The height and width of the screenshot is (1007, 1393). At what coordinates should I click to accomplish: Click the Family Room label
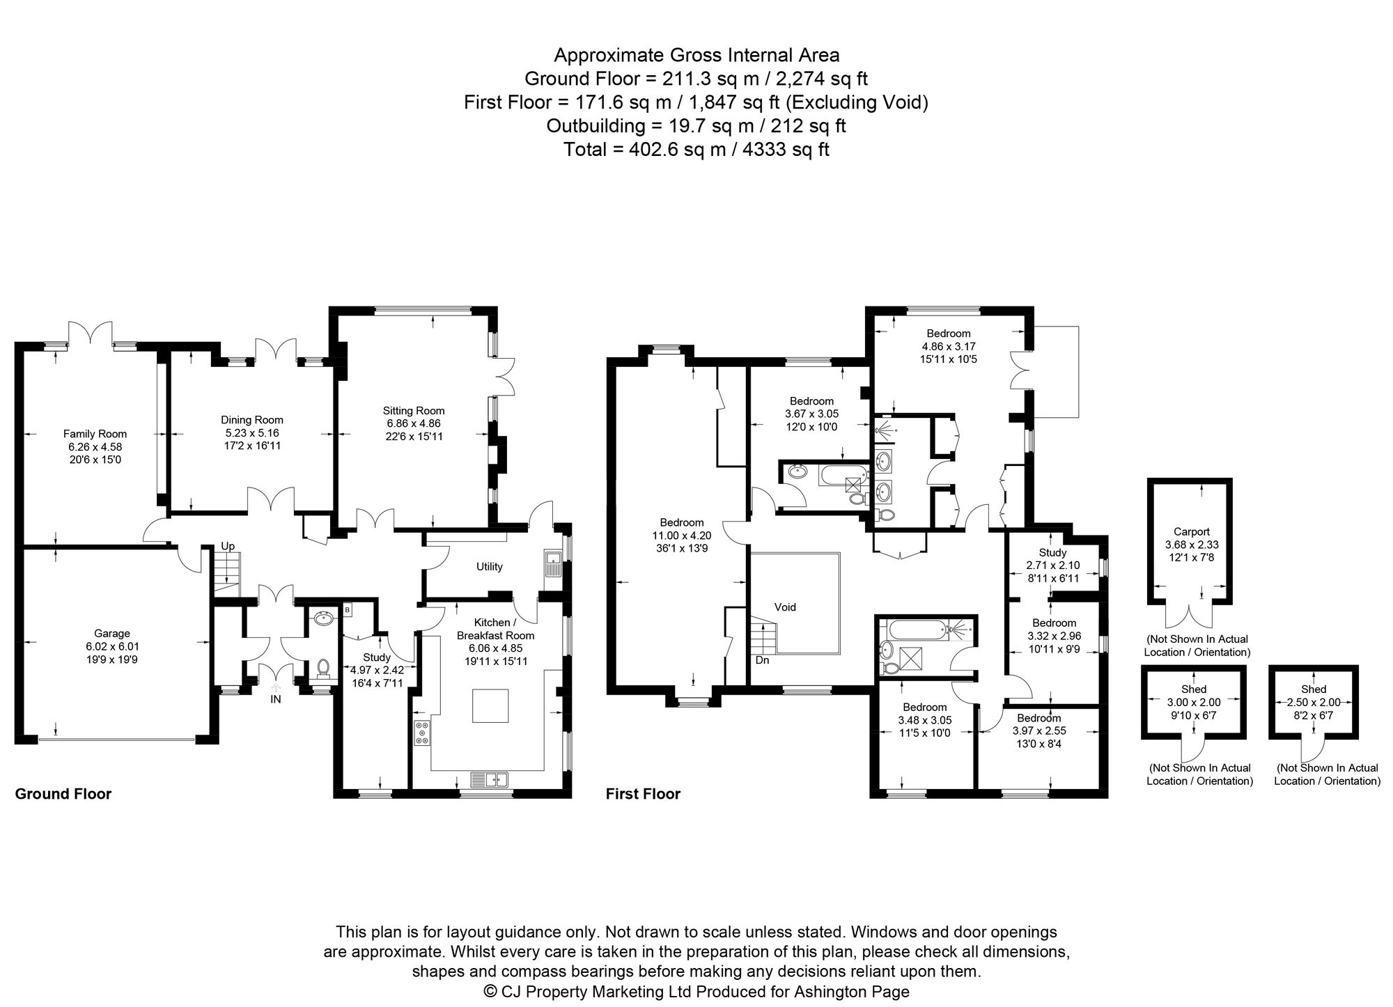coord(95,434)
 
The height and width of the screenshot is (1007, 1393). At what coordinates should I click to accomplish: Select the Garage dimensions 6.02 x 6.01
coord(112,646)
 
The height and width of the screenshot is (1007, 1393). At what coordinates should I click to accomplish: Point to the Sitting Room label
coord(414,411)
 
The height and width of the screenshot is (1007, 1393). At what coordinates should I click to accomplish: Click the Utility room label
coord(489,567)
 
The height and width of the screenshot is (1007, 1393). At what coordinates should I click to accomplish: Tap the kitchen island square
coord(490,705)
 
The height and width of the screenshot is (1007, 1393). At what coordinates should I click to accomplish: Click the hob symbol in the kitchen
coord(423,733)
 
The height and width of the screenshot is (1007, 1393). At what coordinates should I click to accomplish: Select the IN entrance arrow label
coord(276,699)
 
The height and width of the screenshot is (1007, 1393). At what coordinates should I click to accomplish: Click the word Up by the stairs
coord(228,546)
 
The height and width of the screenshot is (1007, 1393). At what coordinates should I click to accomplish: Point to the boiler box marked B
coord(348,611)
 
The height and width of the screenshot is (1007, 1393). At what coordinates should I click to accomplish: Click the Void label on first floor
coord(785,607)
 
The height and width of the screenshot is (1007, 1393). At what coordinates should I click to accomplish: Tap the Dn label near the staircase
coord(763,659)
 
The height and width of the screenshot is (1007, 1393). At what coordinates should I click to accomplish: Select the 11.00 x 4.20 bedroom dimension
coord(682,536)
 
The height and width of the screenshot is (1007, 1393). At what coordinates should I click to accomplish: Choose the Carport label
coord(1192,531)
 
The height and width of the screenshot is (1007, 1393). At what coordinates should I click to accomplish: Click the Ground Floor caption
coord(63,794)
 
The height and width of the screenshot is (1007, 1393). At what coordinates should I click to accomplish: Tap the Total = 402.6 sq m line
coord(696,150)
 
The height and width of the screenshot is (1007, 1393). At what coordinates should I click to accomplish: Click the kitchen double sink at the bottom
coord(490,779)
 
